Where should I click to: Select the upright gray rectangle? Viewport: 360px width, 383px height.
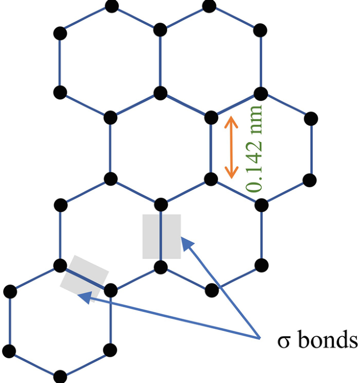click(161, 236)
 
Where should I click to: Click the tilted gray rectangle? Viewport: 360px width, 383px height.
click(84, 276)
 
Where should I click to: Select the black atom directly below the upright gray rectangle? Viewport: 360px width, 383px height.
click(161, 267)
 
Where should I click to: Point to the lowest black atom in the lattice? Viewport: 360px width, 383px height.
click(60, 377)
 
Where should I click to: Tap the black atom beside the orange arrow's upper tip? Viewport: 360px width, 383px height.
click(211, 116)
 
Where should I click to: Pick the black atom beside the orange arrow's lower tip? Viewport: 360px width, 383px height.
click(211, 179)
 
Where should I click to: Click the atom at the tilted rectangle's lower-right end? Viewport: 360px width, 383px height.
click(110, 290)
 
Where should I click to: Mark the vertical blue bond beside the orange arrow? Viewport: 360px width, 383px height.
click(211, 147)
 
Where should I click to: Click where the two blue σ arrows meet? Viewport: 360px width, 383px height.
click(259, 336)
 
